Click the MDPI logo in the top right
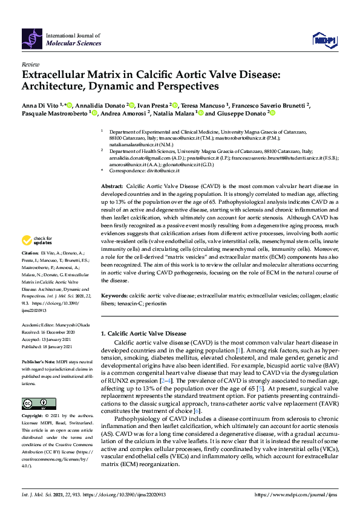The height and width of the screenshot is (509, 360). click(323, 40)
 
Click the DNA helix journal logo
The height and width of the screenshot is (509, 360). click(32, 39)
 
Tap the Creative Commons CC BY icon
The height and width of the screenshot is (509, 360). click(34, 403)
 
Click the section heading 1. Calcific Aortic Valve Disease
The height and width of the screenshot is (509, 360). click(143, 333)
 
